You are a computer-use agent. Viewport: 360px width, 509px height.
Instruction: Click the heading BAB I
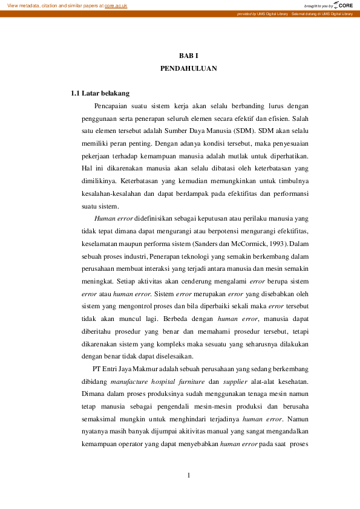(x=188, y=56)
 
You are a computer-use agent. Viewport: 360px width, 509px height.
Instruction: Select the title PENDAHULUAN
(x=188, y=69)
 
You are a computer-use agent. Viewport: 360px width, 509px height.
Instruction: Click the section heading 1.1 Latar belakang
(x=100, y=94)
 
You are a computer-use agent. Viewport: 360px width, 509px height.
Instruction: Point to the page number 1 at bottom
(x=189, y=475)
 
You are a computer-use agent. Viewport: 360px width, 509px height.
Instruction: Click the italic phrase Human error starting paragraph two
(x=114, y=218)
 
